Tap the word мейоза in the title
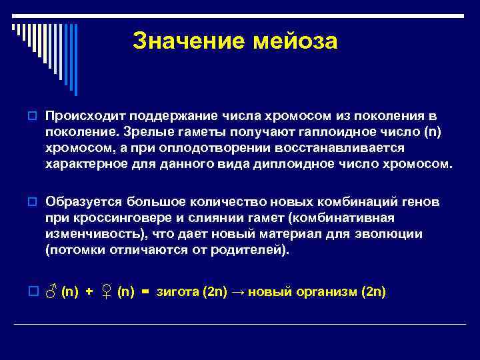[294, 41]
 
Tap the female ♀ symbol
[106, 293]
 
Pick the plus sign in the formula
[89, 293]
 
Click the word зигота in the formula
[179, 293]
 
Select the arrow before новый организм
[238, 293]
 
